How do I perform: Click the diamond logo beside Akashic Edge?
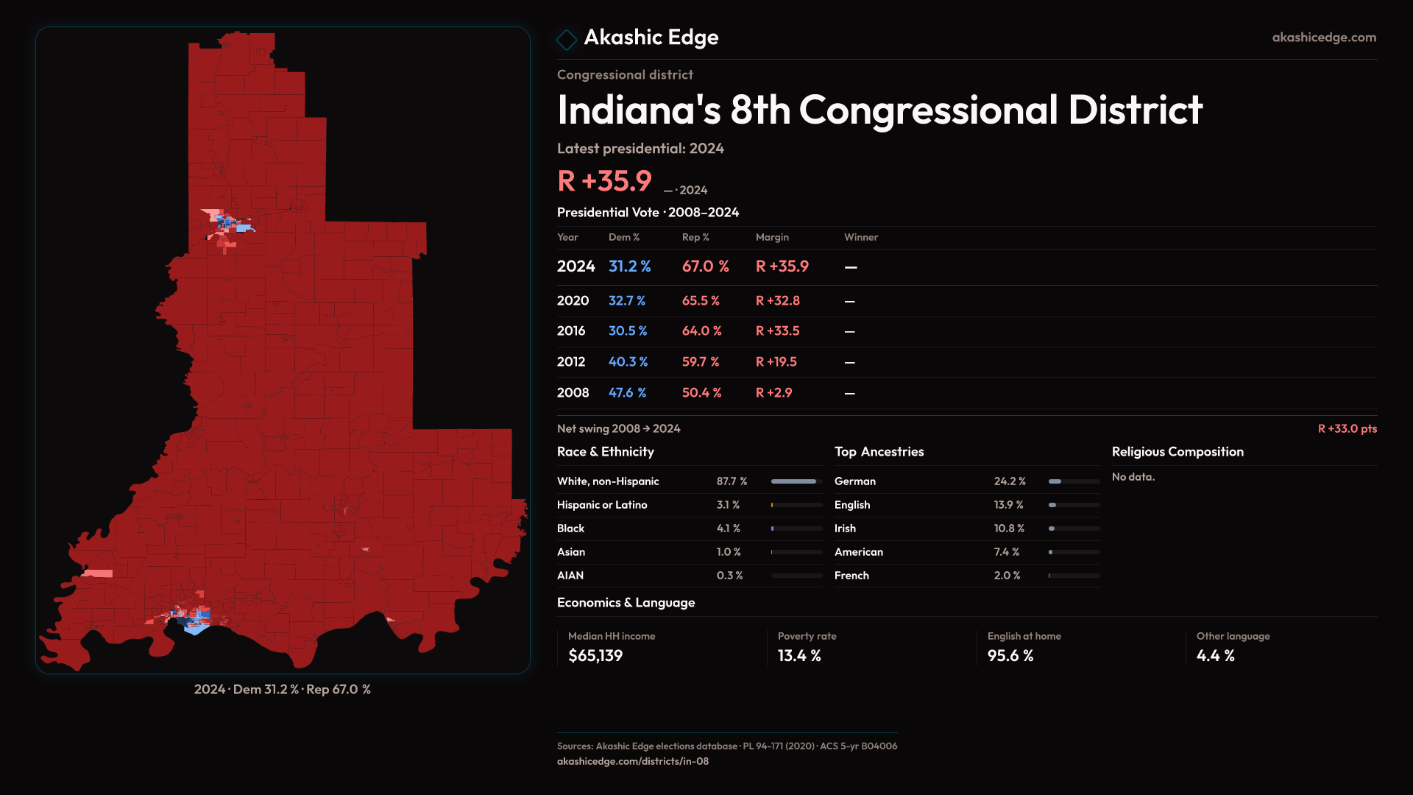[566, 39]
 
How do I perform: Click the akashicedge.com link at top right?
[1324, 38]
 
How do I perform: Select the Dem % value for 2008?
[627, 393]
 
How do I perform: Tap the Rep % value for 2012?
[700, 362]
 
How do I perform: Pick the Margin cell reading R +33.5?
[777, 331]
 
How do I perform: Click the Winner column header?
[860, 237]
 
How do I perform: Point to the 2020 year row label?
[573, 301]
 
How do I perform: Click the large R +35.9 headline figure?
[604, 181]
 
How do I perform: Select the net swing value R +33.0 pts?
[1347, 428]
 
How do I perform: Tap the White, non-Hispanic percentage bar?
[796, 481]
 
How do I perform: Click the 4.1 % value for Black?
[728, 529]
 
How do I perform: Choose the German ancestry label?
[854, 481]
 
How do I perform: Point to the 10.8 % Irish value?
[1008, 529]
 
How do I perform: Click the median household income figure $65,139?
[595, 656]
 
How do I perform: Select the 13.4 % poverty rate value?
[798, 656]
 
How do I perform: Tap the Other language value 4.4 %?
[1215, 656]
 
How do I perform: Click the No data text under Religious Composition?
[1133, 477]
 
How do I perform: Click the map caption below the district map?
[282, 690]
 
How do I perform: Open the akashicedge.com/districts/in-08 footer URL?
[632, 761]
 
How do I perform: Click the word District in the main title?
[1135, 110]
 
